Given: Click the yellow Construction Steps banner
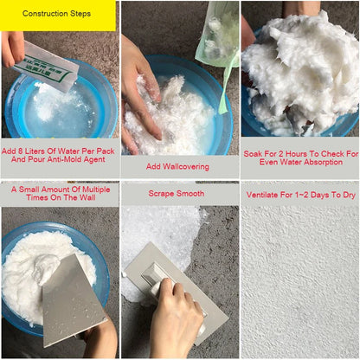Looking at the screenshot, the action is coord(58,16).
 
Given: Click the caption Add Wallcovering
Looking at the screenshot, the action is coord(177,166).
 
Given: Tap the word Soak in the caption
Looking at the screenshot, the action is coord(253,154).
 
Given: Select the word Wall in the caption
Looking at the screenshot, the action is coord(87,197).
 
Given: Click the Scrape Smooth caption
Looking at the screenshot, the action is coord(177,194).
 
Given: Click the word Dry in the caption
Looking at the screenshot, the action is coord(349,196).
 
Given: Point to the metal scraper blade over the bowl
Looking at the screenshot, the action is coord(71,300).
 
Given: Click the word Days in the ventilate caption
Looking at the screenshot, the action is coord(320,196).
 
